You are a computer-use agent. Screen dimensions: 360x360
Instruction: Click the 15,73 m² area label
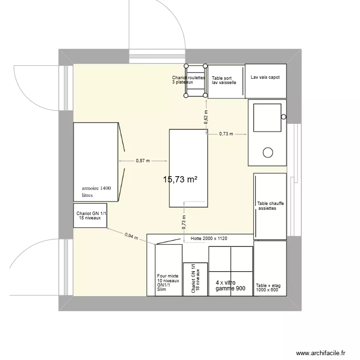[x=180, y=180]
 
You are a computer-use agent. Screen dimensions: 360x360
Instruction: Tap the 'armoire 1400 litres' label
[x=96, y=192]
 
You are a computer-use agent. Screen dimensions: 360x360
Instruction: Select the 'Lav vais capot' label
[x=265, y=77]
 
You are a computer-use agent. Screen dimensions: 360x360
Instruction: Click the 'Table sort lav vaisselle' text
[x=224, y=80]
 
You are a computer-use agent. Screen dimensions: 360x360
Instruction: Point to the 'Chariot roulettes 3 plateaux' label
[x=188, y=80]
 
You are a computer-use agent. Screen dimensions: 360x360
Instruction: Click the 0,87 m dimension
[x=143, y=161]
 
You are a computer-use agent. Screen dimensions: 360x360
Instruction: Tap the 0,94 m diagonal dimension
[x=131, y=236]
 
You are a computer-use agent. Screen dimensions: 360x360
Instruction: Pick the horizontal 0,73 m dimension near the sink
[x=226, y=134]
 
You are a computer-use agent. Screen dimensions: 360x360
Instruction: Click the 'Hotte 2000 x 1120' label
[x=208, y=239]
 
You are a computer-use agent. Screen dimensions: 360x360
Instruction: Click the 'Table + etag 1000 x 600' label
[x=268, y=287]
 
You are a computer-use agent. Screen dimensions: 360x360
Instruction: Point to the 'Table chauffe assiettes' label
[x=270, y=206]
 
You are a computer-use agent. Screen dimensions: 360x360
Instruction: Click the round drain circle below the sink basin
[x=268, y=153]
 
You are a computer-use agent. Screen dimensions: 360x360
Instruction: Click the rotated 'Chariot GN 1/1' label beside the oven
[x=195, y=278]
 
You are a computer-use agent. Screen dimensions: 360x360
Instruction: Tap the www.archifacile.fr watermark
[x=320, y=353]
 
